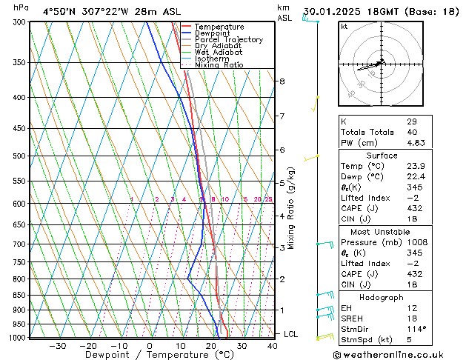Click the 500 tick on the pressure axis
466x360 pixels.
[x=20, y=156]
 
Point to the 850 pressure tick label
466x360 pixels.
[x=20, y=295]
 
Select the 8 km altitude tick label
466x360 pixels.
[x=282, y=81]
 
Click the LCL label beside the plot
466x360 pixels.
[x=290, y=334]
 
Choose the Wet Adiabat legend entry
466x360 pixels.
[x=218, y=53]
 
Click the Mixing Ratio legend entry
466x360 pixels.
[x=219, y=65]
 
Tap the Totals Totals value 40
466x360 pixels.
[x=412, y=133]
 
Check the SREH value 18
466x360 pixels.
[x=412, y=319]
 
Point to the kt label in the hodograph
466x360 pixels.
[x=344, y=26]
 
